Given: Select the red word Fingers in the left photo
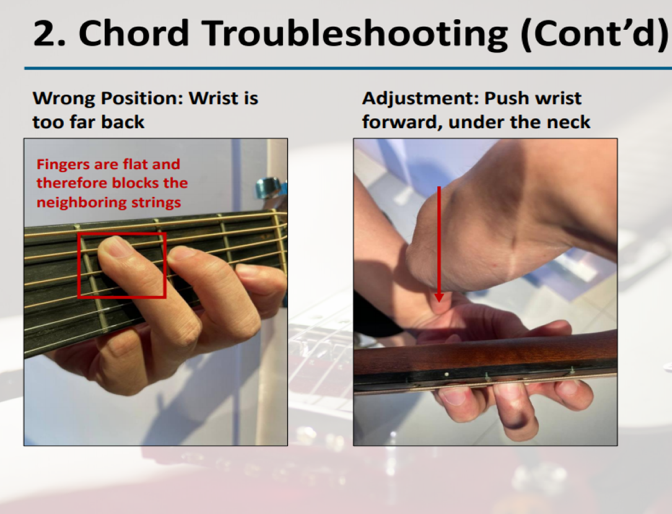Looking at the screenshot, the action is tap(64, 165).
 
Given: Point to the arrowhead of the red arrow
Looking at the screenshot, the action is tap(439, 297).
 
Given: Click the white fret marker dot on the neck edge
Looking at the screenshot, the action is tap(447, 375).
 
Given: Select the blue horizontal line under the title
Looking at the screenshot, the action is tap(348, 68).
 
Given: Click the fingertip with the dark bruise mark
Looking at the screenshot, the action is tap(518, 417).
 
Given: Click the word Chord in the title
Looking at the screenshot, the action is tap(134, 33).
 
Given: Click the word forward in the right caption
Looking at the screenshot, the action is tap(401, 123).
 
